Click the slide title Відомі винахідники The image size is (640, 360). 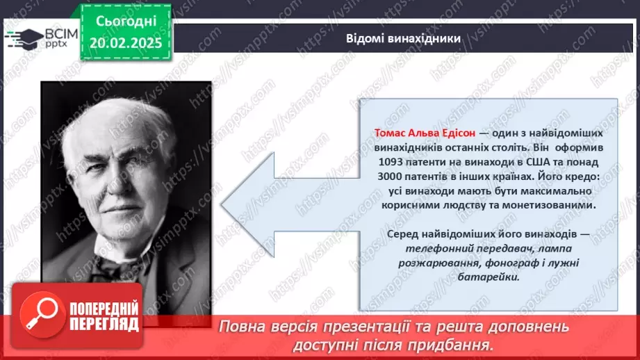(404, 38)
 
